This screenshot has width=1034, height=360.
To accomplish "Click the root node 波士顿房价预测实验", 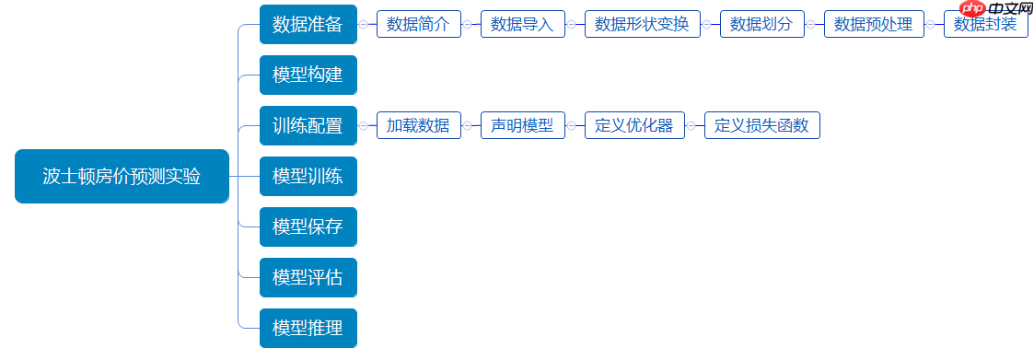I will pyautogui.click(x=122, y=176).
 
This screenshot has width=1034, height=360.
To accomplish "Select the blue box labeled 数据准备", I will pyautogui.click(x=308, y=25).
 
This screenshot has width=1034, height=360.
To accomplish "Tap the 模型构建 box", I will pyautogui.click(x=308, y=75).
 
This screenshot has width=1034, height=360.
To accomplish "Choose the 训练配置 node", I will pyautogui.click(x=308, y=125).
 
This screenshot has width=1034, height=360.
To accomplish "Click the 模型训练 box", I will pyautogui.click(x=308, y=176).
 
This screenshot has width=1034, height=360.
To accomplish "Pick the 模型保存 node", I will pyautogui.click(x=308, y=226).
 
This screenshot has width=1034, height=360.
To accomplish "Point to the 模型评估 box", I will pyautogui.click(x=308, y=277).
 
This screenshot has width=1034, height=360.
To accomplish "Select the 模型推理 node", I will pyautogui.click(x=308, y=328).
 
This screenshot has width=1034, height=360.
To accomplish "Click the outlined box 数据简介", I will pyautogui.click(x=418, y=25).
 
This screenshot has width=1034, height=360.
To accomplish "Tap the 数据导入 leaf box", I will pyautogui.click(x=522, y=25).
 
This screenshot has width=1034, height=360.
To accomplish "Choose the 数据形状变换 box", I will pyautogui.click(x=642, y=25).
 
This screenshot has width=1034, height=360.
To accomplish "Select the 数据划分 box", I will pyautogui.click(x=761, y=25).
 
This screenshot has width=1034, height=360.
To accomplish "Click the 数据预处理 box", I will pyautogui.click(x=874, y=25).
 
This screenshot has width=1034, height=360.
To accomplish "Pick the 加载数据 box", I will pyautogui.click(x=418, y=125).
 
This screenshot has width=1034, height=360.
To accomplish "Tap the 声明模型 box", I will pyautogui.click(x=522, y=125).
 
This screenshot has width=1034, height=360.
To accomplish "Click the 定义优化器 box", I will pyautogui.click(x=634, y=125).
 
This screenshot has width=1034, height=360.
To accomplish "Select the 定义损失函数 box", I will pyautogui.click(x=761, y=125).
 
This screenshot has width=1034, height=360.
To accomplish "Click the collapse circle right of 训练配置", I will pyautogui.click(x=363, y=125).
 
